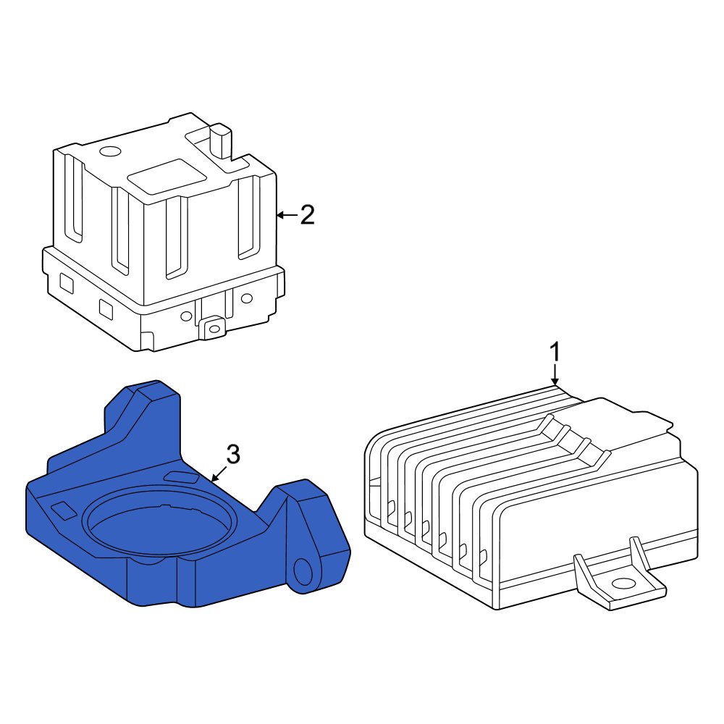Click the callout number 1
point(555,353)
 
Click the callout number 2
point(308,215)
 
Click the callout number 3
point(233,455)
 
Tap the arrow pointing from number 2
point(287,215)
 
